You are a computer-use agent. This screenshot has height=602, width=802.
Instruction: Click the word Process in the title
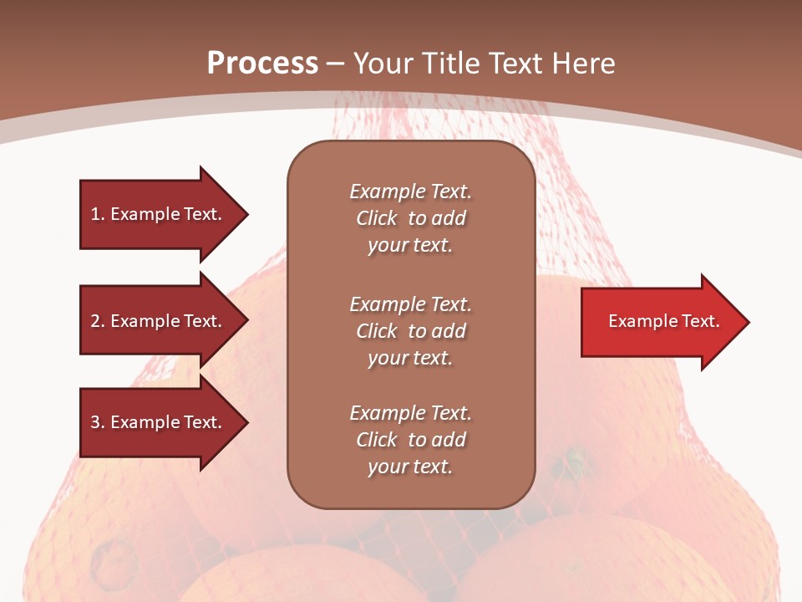[262, 63]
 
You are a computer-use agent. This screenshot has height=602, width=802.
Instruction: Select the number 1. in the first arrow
[98, 214]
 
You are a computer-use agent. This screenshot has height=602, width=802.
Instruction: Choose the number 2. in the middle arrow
[98, 321]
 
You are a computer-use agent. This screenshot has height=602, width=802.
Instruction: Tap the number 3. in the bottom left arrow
[98, 422]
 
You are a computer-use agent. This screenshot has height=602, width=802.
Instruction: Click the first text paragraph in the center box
[410, 218]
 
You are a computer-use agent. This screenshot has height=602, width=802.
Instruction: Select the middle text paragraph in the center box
[410, 331]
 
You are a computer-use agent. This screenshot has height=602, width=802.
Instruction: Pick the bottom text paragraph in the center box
[410, 440]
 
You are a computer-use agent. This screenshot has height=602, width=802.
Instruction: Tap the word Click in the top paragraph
[376, 218]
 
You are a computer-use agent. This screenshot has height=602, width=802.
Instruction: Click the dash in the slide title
[335, 64]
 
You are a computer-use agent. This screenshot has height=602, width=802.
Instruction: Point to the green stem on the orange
[575, 457]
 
